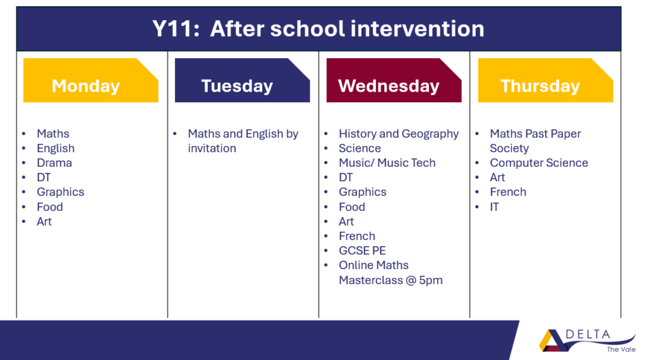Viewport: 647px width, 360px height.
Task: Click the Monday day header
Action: coord(91,80)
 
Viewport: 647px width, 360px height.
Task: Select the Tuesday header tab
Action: coord(242,80)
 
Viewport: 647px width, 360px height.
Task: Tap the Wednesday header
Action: coord(394,80)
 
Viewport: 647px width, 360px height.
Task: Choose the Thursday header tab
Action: coord(545,80)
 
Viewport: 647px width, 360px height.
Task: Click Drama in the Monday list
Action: coord(54,163)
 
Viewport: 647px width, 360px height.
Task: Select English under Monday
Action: coord(56,148)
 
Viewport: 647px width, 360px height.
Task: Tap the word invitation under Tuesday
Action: coord(212,148)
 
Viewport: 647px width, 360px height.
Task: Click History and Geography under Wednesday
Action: coord(399,134)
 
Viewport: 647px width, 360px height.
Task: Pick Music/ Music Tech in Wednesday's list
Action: coord(387,163)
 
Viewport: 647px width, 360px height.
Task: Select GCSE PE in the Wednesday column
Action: coord(362,251)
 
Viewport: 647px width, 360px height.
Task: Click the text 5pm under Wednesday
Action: coord(431,280)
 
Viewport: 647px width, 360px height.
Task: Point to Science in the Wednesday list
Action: coord(360,148)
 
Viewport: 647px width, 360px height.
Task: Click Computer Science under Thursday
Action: coord(539,163)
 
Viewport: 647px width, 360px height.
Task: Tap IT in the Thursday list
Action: coord(494,207)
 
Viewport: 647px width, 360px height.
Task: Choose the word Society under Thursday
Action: coord(509,148)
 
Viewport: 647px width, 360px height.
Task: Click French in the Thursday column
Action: coord(508,192)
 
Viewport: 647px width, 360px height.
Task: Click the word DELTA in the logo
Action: coord(588,335)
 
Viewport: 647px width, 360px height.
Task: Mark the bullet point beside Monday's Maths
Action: coord(24,134)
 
